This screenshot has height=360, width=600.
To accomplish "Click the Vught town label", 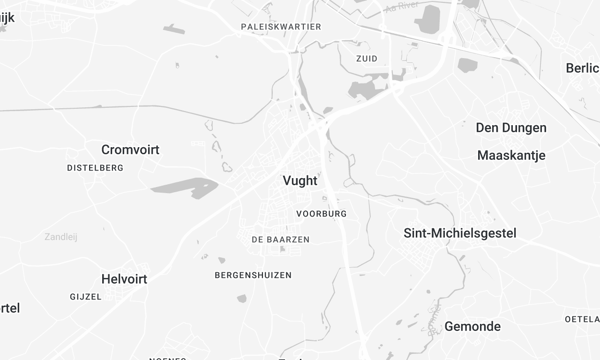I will click(300, 182).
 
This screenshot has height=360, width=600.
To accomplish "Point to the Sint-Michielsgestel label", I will click(459, 233).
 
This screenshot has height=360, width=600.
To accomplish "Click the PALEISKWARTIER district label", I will click(281, 27).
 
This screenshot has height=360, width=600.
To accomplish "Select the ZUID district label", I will click(367, 59).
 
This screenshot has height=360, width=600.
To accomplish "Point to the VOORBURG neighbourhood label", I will click(322, 214).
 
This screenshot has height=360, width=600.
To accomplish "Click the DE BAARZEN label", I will click(280, 240).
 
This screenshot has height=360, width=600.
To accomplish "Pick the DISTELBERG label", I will click(95, 168).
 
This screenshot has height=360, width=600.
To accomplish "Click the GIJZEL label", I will click(86, 297).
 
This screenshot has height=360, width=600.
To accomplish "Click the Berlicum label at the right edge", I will click(582, 68).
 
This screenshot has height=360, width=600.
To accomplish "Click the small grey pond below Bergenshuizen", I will click(242, 297).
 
